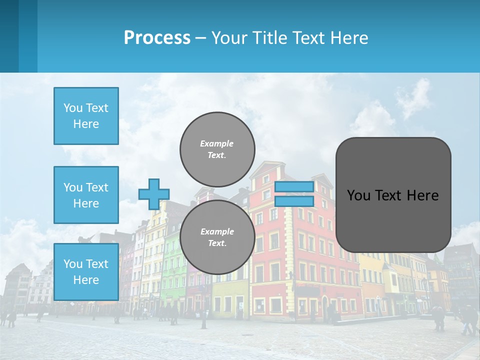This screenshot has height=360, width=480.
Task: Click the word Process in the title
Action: [157, 38]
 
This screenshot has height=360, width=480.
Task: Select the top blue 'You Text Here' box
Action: [86, 116]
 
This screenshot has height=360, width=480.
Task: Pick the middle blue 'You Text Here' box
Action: [86, 195]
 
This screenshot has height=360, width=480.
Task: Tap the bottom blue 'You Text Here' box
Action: [86, 272]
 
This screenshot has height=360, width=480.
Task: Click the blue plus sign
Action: [154, 194]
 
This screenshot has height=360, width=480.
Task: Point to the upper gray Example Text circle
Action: [217, 149]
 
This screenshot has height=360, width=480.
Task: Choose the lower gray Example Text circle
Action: [217, 237]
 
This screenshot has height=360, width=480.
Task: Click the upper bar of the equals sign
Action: [294, 186]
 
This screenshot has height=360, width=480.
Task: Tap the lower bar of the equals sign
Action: [294, 201]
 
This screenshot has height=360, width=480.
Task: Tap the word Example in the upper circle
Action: [217, 143]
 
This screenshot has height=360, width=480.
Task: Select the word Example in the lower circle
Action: [217, 231]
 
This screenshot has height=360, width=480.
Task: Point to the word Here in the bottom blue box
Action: [86, 280]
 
